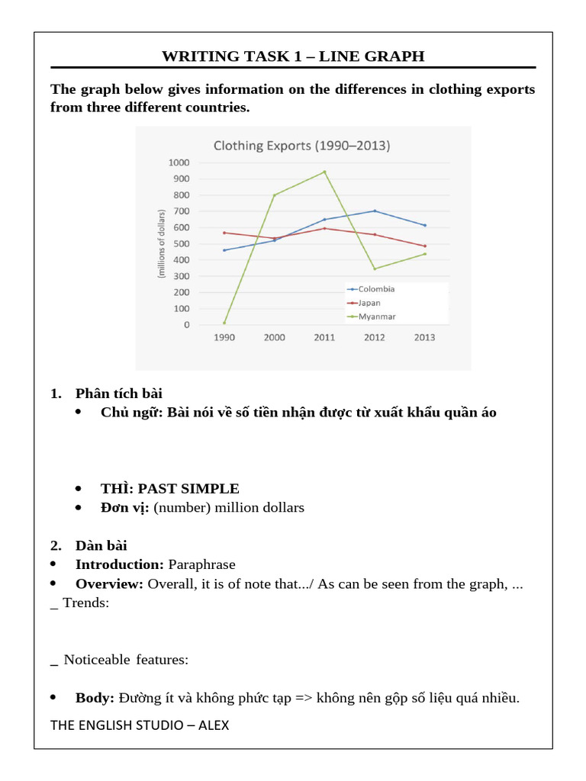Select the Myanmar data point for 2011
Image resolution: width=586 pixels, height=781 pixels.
pos(324,172)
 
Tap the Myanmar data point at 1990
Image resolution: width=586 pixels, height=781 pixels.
pos(224,323)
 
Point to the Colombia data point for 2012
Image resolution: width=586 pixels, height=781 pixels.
pos(375,211)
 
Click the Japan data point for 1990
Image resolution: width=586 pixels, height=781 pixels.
pos(224,233)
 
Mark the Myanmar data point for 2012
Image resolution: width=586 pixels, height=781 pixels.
pos(375,268)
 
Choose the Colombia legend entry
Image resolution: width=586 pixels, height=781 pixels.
pos(376,289)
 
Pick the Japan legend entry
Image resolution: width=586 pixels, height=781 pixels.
pos(369,303)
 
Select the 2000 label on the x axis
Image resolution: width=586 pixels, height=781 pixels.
pos(274,338)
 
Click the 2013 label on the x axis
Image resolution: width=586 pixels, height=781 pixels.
pos(424,338)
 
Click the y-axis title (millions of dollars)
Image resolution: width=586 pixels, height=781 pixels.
pos(162,243)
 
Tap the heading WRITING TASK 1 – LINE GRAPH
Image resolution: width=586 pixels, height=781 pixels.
pos(293,56)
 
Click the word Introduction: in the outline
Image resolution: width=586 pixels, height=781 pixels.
pos(120,564)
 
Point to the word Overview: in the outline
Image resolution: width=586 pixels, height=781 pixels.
pos(110,583)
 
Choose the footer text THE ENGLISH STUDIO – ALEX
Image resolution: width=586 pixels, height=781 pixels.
pos(140,725)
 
